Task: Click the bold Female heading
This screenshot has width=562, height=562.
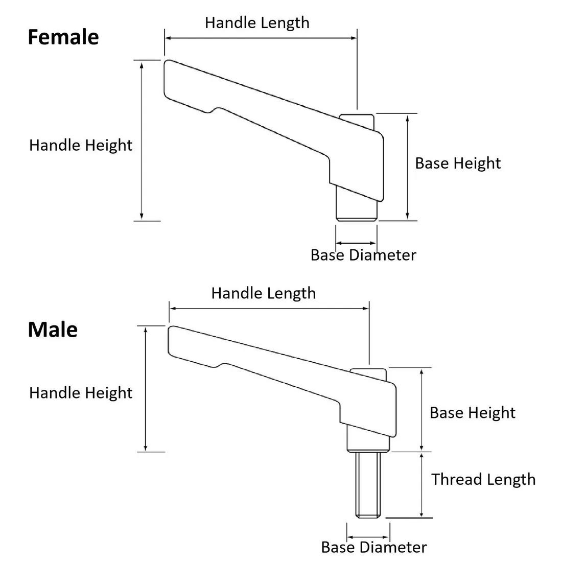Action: click(63, 37)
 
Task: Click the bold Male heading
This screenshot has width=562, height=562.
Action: click(53, 330)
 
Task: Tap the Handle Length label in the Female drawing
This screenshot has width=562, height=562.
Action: click(257, 23)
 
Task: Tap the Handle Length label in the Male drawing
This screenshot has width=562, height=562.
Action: click(264, 294)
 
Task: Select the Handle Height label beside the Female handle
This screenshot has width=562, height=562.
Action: click(81, 146)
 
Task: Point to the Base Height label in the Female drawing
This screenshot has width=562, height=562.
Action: click(458, 163)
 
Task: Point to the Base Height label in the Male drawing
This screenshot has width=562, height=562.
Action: click(473, 413)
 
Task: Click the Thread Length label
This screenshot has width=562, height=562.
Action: click(483, 480)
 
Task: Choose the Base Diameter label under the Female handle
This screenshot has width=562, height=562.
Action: click(363, 255)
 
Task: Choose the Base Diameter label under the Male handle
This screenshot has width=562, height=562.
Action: click(374, 547)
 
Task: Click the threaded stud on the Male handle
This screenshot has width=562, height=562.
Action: click(368, 484)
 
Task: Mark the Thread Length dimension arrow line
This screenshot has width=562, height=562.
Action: click(421, 485)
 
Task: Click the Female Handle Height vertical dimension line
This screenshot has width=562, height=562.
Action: click(142, 140)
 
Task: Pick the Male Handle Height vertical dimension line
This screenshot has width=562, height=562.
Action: click(146, 389)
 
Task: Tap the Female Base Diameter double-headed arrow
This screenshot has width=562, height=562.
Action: click(356, 243)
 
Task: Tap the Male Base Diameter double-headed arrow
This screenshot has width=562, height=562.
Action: click(368, 537)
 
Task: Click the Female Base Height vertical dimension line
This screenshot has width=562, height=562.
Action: click(408, 167)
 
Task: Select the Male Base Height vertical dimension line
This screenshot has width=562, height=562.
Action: click(421, 410)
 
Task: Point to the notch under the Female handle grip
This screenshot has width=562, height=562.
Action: click(212, 110)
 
